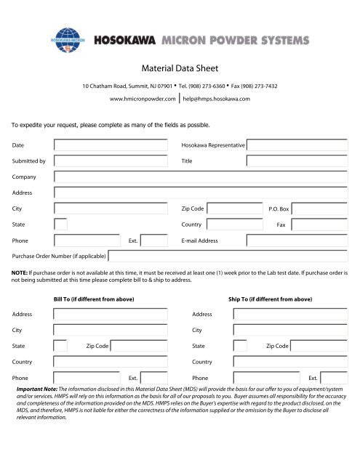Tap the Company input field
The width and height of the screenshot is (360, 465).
coord(206,177)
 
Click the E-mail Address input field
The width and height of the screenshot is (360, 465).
coord(300,240)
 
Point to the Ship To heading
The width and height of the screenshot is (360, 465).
coord(271,298)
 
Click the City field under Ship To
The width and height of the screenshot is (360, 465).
coord(292,330)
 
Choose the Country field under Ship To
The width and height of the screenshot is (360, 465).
coord(292,362)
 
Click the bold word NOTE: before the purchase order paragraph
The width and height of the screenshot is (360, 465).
coord(20,273)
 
